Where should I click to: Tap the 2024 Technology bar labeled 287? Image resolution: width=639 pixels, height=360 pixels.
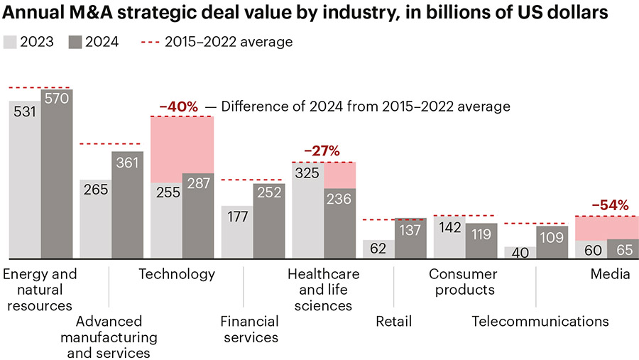(198, 216)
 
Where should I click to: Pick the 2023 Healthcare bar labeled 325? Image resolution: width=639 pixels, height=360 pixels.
(307, 210)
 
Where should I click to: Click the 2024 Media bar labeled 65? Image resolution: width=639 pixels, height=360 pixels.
(623, 249)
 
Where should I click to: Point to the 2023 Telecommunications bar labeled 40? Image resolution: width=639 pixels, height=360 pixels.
(520, 253)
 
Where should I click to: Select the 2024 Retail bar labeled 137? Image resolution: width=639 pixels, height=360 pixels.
(410, 239)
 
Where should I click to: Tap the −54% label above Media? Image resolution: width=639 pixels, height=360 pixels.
(611, 205)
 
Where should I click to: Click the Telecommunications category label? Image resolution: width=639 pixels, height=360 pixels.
(540, 321)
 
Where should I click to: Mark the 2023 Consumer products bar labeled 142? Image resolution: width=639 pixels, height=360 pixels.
(449, 237)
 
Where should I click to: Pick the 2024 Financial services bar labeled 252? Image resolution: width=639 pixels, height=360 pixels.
(269, 221)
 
